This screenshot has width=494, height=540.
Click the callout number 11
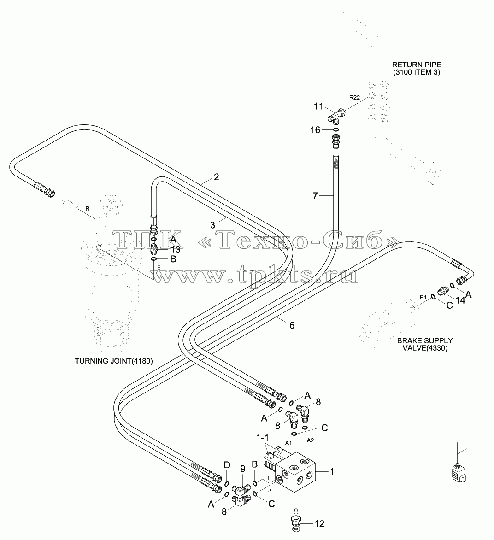click(x=318, y=106)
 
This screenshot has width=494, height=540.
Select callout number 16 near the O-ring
click(x=315, y=130)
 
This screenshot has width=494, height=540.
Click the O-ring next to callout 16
click(x=335, y=129)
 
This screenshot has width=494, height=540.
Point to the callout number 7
click(x=315, y=196)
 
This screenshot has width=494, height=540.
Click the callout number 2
click(x=216, y=177)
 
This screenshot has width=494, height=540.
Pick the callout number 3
click(x=212, y=225)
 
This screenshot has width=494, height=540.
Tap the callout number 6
click(x=292, y=325)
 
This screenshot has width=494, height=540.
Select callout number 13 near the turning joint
click(x=176, y=250)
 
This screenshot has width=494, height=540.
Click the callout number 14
click(x=460, y=300)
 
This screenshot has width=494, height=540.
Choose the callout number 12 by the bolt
click(x=319, y=524)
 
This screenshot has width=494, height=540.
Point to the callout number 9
click(x=242, y=469)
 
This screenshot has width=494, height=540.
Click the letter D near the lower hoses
click(x=227, y=465)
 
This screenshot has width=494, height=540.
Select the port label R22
click(x=354, y=98)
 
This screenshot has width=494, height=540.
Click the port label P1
click(x=423, y=297)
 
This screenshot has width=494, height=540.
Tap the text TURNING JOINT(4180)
click(x=114, y=361)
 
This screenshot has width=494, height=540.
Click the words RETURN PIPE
click(x=417, y=65)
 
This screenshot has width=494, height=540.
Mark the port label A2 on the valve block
click(x=311, y=440)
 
